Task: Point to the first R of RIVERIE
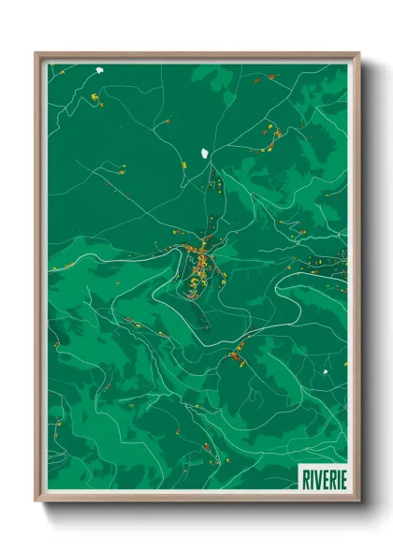[x=304, y=477]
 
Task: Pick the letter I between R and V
[x=310, y=477]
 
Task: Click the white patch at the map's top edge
[x=97, y=68]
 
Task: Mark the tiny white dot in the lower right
[x=326, y=372]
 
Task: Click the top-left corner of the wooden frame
[x=36, y=53]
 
